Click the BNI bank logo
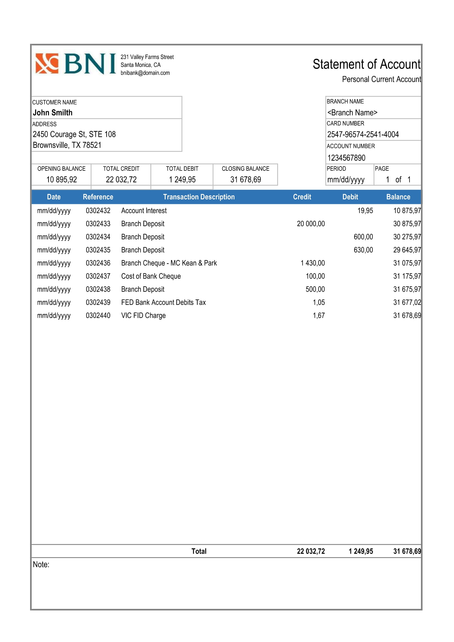75,64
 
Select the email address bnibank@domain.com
145,73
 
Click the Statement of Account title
366,64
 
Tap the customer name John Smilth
52,113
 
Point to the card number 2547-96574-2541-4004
363,134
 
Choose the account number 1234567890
346,158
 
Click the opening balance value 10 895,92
61,180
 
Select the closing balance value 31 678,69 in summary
245,180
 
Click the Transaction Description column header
199,197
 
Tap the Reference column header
98,197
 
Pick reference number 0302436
98,263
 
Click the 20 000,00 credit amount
311,224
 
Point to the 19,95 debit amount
365,211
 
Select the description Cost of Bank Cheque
151,276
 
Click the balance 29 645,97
407,250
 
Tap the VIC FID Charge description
143,315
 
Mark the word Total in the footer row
199,551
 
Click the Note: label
41,564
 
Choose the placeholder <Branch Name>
352,113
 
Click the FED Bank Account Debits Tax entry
163,302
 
